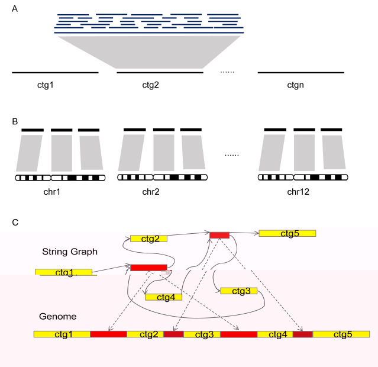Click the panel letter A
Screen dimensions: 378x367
point(15,9)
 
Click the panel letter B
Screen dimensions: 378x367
point(15,121)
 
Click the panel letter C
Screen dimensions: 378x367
point(15,223)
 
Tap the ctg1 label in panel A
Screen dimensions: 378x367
point(46,85)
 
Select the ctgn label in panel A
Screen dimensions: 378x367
point(296,85)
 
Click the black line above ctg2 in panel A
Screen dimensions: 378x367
point(160,72)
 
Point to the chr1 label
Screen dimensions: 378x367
point(52,192)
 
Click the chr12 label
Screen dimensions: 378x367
point(298,192)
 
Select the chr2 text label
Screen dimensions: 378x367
point(151,192)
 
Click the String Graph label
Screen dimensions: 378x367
point(70,252)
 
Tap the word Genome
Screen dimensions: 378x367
point(58,316)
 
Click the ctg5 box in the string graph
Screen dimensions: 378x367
point(287,233)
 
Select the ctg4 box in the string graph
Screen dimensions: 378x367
point(164,297)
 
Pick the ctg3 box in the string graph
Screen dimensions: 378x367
point(239,291)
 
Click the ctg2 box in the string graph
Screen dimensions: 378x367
point(148,239)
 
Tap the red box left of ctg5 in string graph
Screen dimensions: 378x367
point(219,235)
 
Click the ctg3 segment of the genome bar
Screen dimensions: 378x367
point(202,334)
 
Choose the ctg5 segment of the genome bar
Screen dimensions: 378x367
point(341,334)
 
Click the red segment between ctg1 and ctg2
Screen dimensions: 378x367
point(109,334)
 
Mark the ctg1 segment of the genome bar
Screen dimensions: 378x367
point(62,334)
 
